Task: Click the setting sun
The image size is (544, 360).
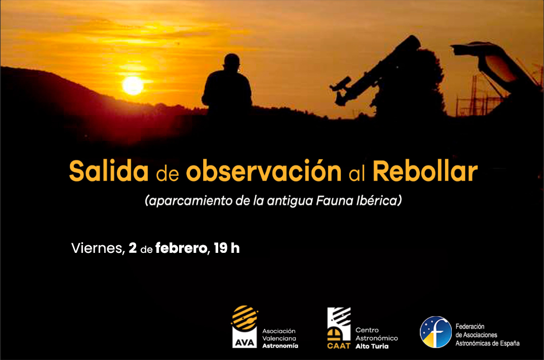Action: coord(133,85)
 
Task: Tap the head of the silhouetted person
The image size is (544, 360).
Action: coord(232,62)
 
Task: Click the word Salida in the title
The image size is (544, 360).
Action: coord(109,171)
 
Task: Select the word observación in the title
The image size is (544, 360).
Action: coord(264,171)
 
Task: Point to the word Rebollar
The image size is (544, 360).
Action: coord(425,171)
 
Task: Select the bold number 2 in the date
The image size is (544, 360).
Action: coord(133,248)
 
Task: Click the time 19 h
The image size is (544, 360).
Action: coord(226,248)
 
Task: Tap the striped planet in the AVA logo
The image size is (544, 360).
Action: coord(245,318)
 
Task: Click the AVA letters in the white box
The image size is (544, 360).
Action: coord(245,343)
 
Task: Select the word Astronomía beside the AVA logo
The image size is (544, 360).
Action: coord(280,346)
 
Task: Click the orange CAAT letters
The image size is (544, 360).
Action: coord(339,346)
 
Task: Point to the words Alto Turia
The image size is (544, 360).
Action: coord(372,346)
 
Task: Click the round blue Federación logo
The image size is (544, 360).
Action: coord(436,332)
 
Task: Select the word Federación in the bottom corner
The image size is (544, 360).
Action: coord(470,326)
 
